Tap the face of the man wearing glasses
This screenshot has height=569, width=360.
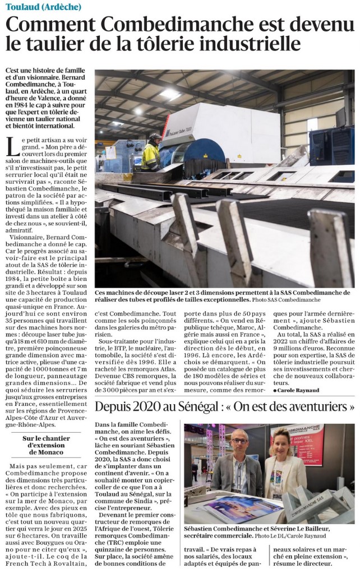tap(238, 445)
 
